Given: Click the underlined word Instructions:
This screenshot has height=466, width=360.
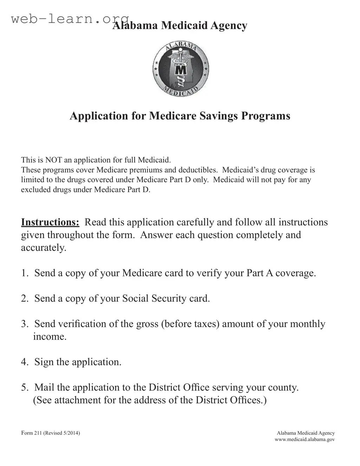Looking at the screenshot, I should coord(50,222).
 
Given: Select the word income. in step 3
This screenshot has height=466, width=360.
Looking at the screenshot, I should coord(50,337).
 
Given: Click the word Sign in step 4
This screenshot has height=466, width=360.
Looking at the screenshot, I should coord(44,362).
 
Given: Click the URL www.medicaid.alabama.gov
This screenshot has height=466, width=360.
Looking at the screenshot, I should coord(305,440).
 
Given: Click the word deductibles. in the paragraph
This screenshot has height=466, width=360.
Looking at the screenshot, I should coord(198,170).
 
